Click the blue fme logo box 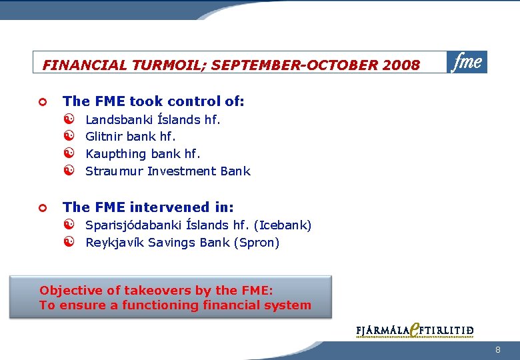point(467,62)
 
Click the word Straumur point(114,171)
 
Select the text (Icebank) point(282,225)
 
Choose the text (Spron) point(257,243)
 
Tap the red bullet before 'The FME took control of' point(41,102)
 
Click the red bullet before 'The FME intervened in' point(41,209)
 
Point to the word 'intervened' point(169,208)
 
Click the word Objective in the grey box point(68,291)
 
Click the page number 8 point(498,350)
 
